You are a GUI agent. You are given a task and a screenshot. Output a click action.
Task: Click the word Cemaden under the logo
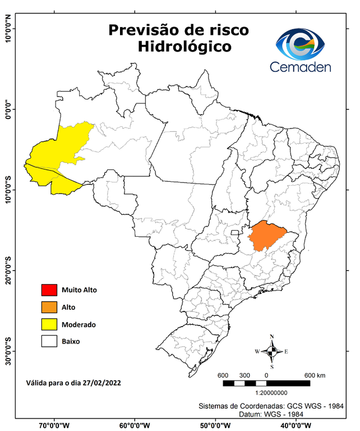click(301, 67)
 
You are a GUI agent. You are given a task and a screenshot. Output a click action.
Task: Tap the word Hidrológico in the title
click(184, 47)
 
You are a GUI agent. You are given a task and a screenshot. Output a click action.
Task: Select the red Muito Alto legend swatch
click(49, 290)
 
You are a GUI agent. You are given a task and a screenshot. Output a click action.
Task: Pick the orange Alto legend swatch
click(49, 307)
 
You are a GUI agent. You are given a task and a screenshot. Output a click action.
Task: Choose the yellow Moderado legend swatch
click(49, 324)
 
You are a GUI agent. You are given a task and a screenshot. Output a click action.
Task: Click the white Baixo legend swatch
click(49, 341)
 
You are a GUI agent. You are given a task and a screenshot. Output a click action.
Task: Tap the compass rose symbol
click(272, 352)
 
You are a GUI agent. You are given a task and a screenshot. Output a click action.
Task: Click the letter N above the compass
click(272, 337)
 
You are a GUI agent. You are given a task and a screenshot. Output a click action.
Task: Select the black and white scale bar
click(266, 383)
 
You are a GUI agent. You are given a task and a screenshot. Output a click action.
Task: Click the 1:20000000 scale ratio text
click(272, 393)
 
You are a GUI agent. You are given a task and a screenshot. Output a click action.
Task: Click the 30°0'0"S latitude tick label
click(8, 351)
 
